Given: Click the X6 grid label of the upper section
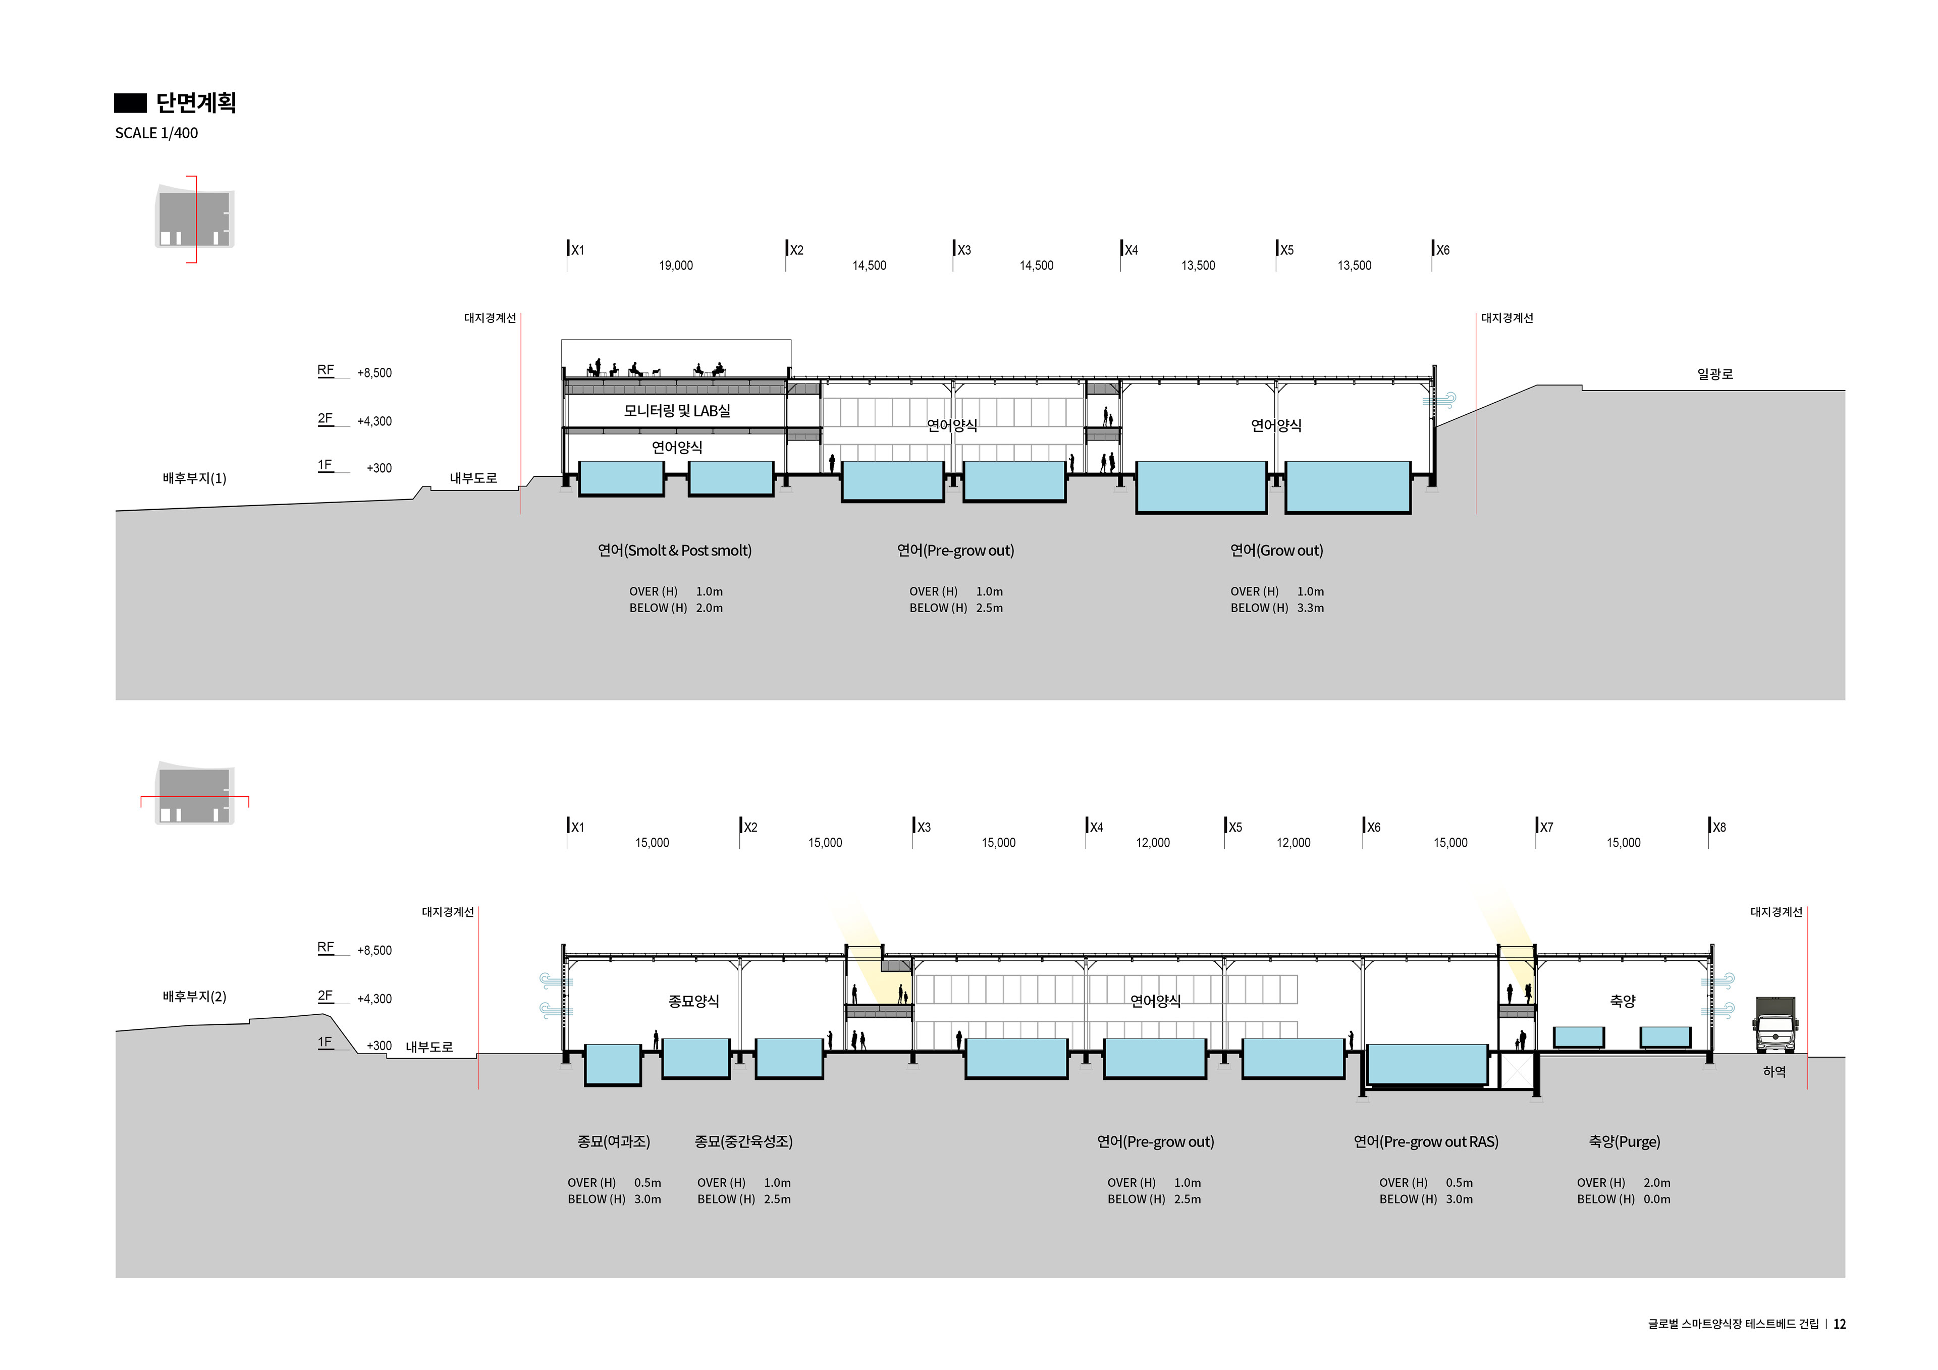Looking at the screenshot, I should (x=1442, y=250).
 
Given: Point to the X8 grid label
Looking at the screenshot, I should (x=1718, y=827).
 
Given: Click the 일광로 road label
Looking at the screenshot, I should (x=1714, y=374).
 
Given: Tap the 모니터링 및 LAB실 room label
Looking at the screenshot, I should (x=677, y=411).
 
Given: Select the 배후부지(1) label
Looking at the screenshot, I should (x=194, y=478).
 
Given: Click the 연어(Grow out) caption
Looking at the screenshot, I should (x=1276, y=551).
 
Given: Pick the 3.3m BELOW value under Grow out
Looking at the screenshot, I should (x=1310, y=608).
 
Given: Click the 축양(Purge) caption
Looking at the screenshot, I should (x=1624, y=1141).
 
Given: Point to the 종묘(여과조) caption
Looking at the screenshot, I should (x=614, y=1141).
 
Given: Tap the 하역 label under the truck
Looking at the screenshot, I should (x=1774, y=1071).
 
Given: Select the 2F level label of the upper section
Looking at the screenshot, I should (x=325, y=419).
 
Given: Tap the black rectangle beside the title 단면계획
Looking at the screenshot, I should (x=130, y=103).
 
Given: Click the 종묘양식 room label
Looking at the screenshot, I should (x=694, y=1001).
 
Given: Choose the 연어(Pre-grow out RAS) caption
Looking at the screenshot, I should (x=1426, y=1141).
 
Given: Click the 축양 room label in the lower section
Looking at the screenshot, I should (x=1622, y=1001).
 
